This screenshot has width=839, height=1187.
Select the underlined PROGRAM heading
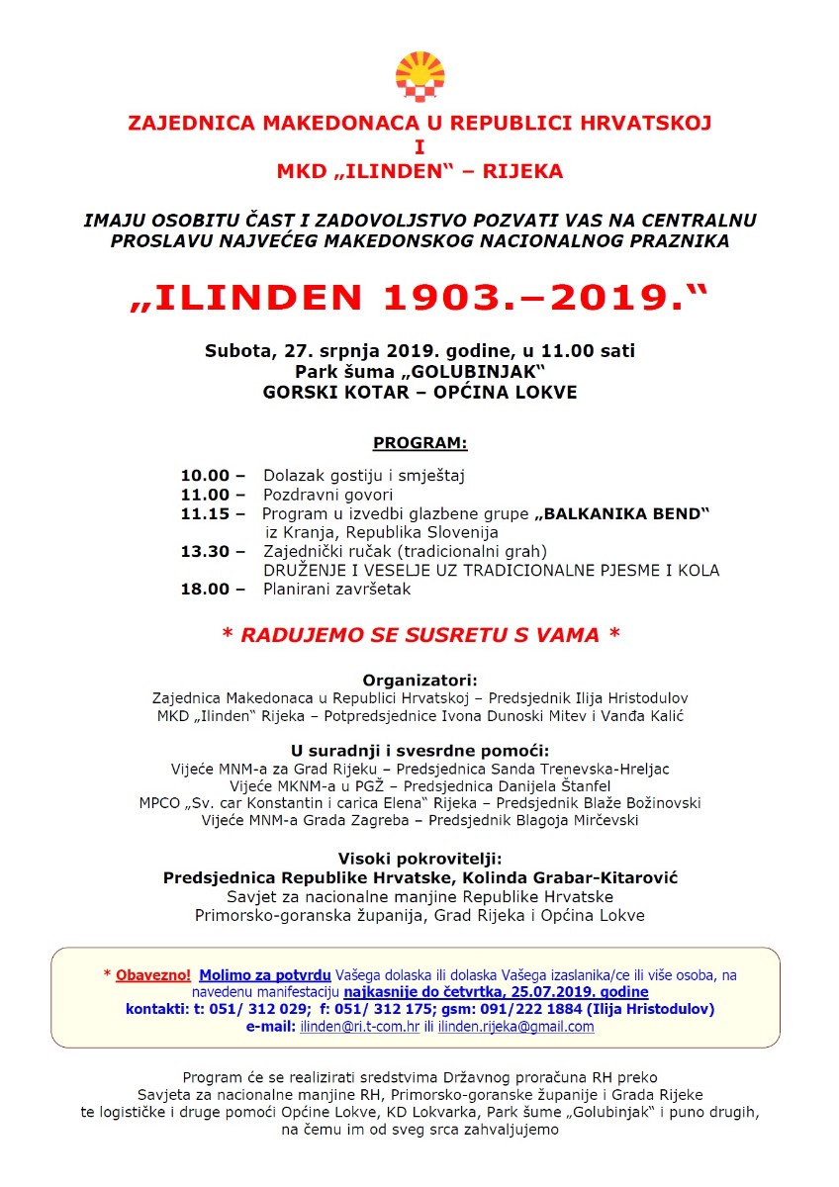pyautogui.click(x=419, y=442)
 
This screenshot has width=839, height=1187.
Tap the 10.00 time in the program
pyautogui.click(x=205, y=476)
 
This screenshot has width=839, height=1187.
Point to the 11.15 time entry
pyautogui.click(x=205, y=513)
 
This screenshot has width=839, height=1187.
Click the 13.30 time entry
pyautogui.click(x=205, y=551)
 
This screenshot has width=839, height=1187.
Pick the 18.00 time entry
pyautogui.click(x=205, y=590)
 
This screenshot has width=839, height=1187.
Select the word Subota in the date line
pyautogui.click(x=237, y=350)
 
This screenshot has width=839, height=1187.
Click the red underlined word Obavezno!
pyautogui.click(x=153, y=974)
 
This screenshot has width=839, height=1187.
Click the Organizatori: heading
pyautogui.click(x=419, y=681)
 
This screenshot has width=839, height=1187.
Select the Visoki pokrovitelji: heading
pyautogui.click(x=419, y=858)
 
